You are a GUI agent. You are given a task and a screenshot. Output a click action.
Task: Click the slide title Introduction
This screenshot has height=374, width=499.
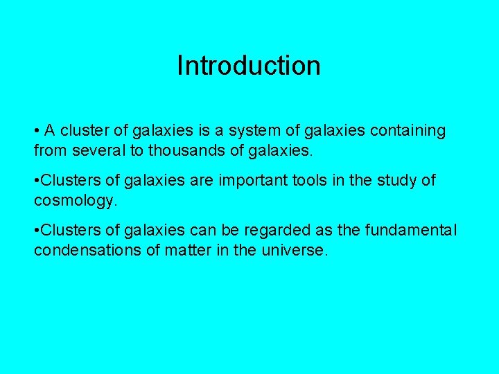[249, 66]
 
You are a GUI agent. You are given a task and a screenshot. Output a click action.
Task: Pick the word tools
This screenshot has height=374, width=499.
[310, 181]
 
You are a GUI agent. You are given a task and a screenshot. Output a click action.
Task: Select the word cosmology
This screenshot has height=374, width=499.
[76, 200]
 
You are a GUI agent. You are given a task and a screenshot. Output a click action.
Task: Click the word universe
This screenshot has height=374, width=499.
[295, 250]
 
